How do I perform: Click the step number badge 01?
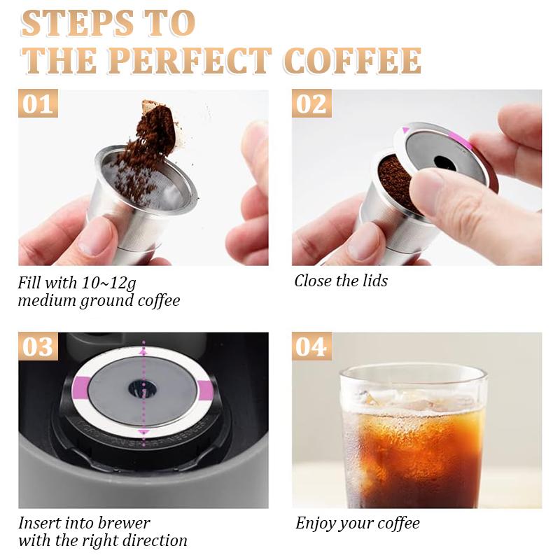[38, 104]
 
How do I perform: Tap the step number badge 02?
[311, 104]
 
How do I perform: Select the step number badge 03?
[38, 346]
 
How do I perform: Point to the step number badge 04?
[311, 346]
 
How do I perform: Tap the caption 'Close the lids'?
[341, 281]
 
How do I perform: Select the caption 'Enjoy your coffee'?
[357, 523]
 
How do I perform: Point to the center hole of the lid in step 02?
[444, 162]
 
